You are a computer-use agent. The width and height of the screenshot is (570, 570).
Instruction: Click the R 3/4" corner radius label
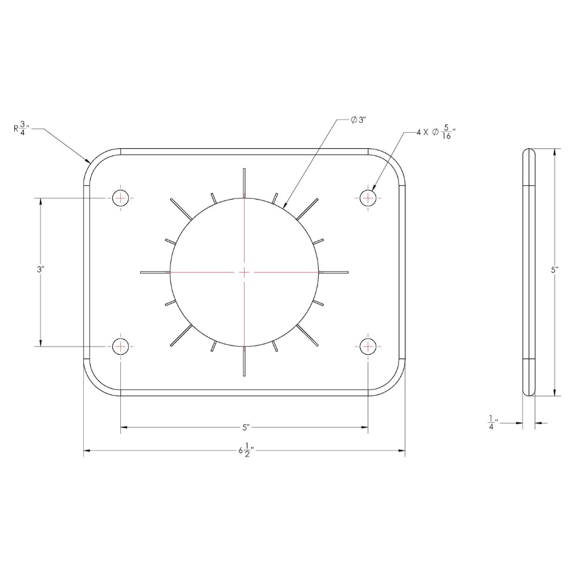(x=22, y=128)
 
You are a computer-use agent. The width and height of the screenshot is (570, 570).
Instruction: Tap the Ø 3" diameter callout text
(x=358, y=120)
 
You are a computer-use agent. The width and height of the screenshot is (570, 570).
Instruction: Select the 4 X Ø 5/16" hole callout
(x=436, y=132)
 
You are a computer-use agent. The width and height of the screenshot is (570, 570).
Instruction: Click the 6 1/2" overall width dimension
(x=246, y=450)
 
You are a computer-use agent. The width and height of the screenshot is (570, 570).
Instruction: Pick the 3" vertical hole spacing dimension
(x=40, y=270)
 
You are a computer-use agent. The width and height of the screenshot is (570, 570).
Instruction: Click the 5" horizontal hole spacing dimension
(x=246, y=427)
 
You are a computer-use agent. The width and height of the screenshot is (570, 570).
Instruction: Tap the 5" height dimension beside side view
(x=555, y=270)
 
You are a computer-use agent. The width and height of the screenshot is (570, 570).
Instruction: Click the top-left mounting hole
(x=120, y=198)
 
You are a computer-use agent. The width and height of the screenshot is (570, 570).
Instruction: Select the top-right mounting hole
(x=368, y=198)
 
